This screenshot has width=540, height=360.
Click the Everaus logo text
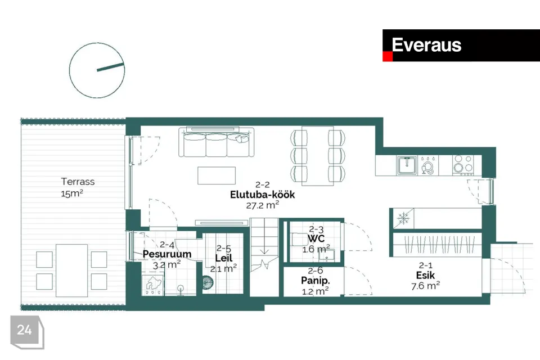pos(426,45)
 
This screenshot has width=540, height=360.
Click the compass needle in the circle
pos(110,67)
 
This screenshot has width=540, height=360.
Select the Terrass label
pos(78,182)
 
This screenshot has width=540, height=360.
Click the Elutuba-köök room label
pos(263,195)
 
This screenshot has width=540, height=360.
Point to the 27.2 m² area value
pos(263,205)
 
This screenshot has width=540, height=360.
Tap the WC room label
pos(316,238)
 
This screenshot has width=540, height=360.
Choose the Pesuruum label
pos(167,254)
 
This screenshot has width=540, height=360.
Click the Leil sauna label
pos(224,258)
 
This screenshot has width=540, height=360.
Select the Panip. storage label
pos(316,281)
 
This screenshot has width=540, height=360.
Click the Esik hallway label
pos(425,275)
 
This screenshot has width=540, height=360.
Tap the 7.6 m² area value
pos(425,286)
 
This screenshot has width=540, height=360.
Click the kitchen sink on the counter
pos(407,165)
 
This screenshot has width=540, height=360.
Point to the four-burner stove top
pos(463,164)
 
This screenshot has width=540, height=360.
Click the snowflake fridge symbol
pos(403,218)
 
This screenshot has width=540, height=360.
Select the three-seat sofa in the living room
pos(216,142)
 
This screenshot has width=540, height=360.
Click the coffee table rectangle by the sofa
pos(217,175)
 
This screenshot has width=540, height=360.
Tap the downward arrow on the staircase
pos(264,246)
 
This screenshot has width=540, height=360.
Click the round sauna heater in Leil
pos(208,282)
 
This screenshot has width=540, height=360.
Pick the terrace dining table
pos(71,271)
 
